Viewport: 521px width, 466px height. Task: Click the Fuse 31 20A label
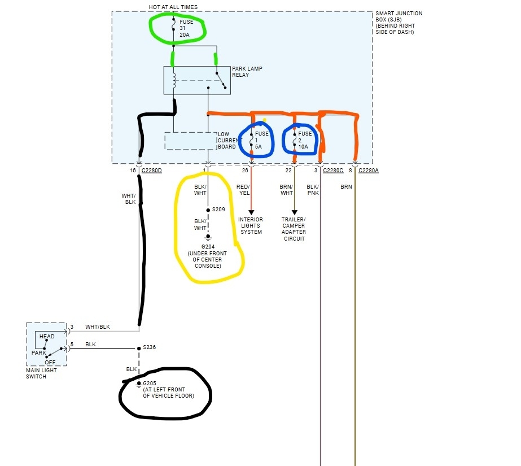click(x=186, y=28)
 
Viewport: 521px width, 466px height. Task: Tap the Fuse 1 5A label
click(x=261, y=140)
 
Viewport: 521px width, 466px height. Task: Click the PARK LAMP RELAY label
click(x=247, y=72)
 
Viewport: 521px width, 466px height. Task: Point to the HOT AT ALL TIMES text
click(x=173, y=7)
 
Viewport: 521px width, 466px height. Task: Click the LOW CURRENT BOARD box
click(x=191, y=141)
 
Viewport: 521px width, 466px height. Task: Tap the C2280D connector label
click(x=151, y=170)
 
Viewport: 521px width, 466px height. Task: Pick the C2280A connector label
click(x=368, y=170)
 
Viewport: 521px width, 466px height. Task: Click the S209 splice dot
click(x=208, y=210)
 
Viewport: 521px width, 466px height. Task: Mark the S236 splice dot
click(x=138, y=348)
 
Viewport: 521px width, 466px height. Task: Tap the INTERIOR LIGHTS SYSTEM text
click(x=251, y=225)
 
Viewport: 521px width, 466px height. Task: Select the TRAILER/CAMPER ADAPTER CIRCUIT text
click(x=294, y=229)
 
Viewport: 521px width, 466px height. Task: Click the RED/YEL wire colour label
click(x=243, y=189)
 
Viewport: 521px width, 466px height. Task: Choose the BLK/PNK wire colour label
click(x=313, y=189)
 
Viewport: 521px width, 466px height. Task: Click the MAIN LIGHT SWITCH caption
click(x=40, y=373)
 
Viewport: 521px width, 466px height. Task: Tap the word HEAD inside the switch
click(x=47, y=337)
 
